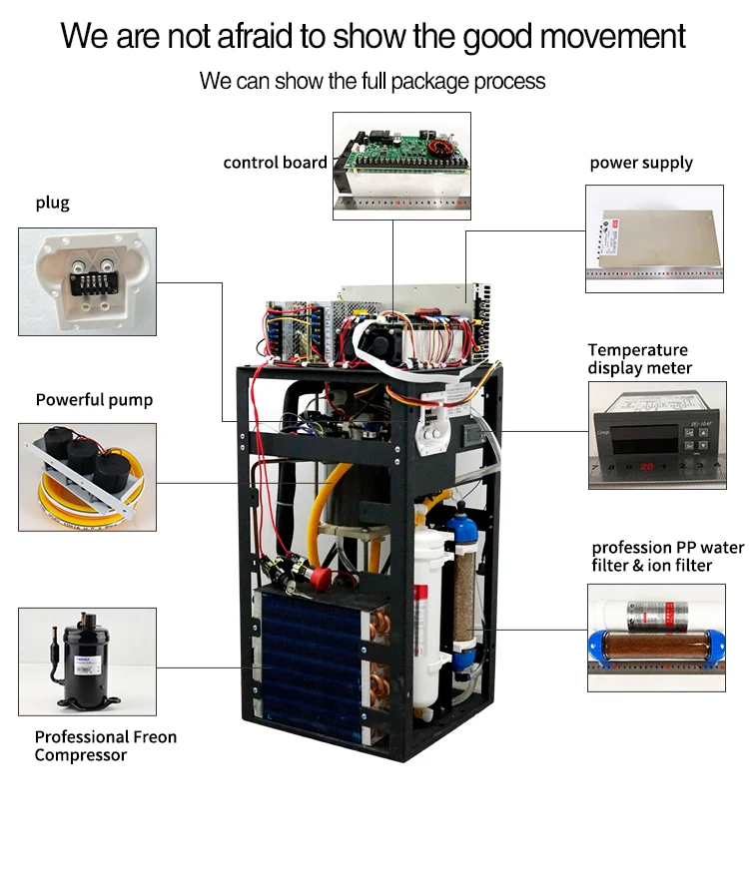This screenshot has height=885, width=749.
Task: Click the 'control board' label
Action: (x=275, y=163)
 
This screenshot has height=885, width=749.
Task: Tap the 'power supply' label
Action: (x=640, y=163)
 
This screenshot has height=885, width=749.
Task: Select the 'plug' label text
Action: (x=53, y=203)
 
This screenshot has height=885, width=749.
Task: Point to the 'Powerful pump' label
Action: (x=94, y=400)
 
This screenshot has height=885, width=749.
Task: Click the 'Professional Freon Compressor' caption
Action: (x=105, y=746)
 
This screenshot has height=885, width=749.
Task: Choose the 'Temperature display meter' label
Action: (x=639, y=359)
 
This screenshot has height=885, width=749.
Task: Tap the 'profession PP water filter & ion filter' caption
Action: (x=667, y=556)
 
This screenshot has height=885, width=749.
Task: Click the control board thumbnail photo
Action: (x=401, y=166)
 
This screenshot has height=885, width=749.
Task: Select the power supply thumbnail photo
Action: (x=653, y=237)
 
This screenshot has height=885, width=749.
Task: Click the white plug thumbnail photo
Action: (x=87, y=280)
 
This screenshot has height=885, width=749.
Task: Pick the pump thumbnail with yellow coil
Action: (x=87, y=476)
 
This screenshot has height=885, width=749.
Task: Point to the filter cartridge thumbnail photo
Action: (x=653, y=638)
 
